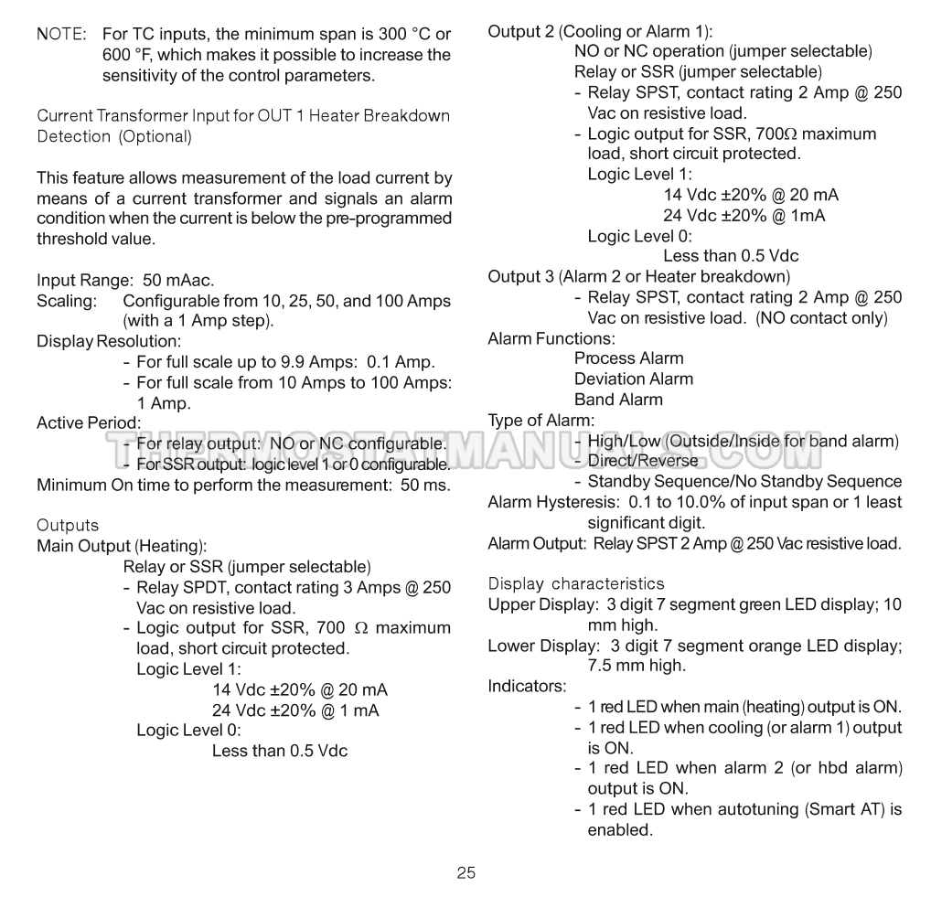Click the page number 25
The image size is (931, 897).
(x=465, y=872)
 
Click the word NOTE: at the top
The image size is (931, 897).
(x=61, y=34)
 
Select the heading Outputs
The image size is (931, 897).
(x=68, y=525)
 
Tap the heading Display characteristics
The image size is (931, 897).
(x=576, y=583)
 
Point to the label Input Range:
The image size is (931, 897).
(x=85, y=280)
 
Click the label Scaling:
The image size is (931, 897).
(x=66, y=301)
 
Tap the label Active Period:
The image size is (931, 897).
(x=89, y=422)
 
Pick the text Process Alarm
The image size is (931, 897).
(x=628, y=358)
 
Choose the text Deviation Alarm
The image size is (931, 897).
(x=633, y=379)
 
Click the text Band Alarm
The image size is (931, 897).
(x=618, y=400)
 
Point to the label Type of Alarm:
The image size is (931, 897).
(x=540, y=421)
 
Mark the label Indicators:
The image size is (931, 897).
(x=527, y=686)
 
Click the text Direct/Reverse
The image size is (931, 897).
(x=642, y=461)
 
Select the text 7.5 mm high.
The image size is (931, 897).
(x=636, y=666)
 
